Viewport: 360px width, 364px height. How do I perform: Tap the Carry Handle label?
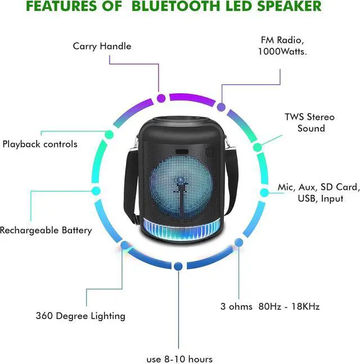(x=102, y=46)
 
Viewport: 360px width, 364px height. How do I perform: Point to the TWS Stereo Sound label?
(x=309, y=122)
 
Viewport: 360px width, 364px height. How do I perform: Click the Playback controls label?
(x=40, y=144)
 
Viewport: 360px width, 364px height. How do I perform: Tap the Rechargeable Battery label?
(x=46, y=230)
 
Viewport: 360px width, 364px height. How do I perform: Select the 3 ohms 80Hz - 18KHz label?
(x=270, y=307)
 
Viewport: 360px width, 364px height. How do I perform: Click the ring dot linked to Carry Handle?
(x=161, y=99)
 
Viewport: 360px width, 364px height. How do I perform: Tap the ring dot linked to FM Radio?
(x=222, y=107)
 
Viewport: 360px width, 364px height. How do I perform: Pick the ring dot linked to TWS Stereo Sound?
(x=258, y=148)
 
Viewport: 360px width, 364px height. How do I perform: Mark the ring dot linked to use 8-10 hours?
(x=178, y=266)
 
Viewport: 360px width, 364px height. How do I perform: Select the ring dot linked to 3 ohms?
(x=238, y=243)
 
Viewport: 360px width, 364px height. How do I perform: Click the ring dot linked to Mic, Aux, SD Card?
(x=263, y=192)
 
